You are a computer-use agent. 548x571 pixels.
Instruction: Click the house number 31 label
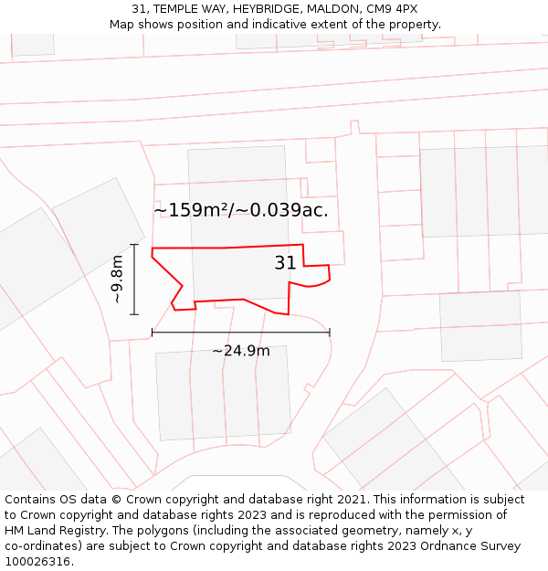pyautogui.click(x=285, y=263)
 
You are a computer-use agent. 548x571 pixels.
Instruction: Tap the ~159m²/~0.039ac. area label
pyautogui.click(x=240, y=210)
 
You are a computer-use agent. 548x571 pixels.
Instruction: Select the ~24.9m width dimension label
pyautogui.click(x=241, y=351)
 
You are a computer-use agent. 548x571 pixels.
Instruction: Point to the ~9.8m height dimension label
pyautogui.click(x=117, y=280)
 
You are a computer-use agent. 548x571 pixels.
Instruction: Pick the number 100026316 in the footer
pyautogui.click(x=37, y=561)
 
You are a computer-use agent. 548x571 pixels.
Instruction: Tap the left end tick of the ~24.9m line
pyautogui.click(x=153, y=333)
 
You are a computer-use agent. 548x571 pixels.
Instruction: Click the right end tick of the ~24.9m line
pyautogui.click(x=330, y=333)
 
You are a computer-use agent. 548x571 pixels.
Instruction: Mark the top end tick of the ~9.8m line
pyautogui.click(x=134, y=245)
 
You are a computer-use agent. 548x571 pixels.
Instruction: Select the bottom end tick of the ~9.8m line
pyautogui.click(x=134, y=314)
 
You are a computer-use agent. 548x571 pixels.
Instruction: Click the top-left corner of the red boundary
pyautogui.click(x=153, y=248)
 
